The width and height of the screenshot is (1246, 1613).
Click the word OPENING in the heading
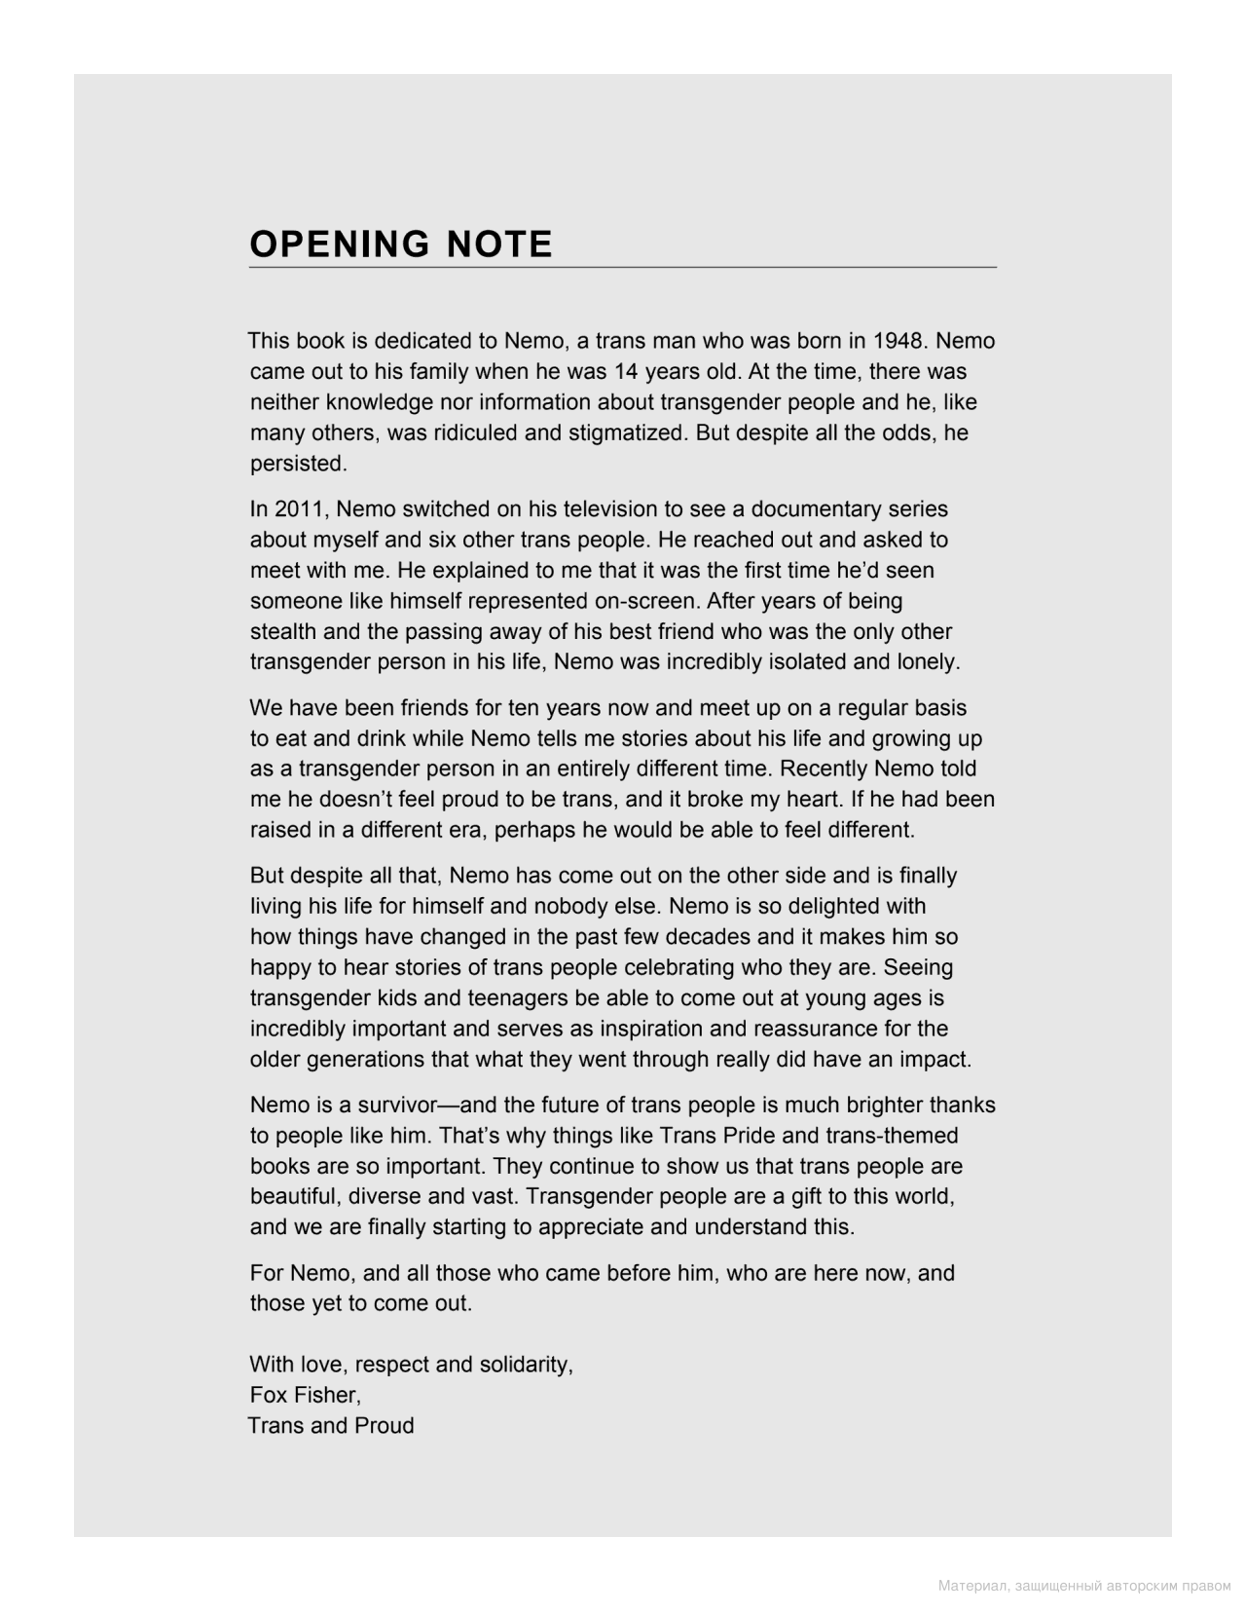(339, 244)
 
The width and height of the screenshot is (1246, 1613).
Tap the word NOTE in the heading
(499, 244)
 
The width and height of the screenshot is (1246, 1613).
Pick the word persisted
(298, 464)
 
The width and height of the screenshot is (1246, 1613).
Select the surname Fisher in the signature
(329, 1395)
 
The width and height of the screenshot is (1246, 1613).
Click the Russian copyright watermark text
(1084, 1587)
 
